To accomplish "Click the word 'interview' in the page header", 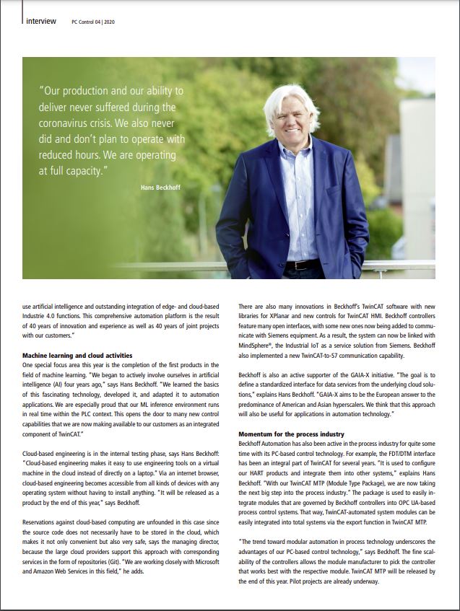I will click(x=40, y=21).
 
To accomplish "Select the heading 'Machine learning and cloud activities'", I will click(x=77, y=356).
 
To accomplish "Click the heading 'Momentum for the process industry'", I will click(x=291, y=434).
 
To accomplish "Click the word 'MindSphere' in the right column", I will click(x=258, y=345).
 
